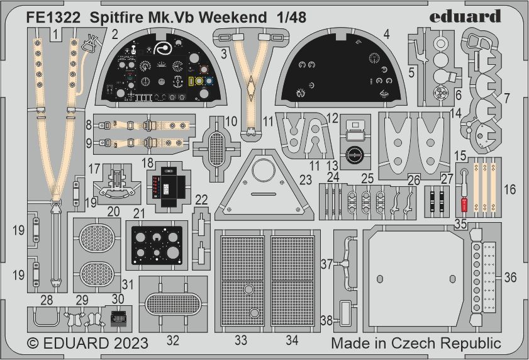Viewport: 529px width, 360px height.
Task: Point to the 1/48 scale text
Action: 291,17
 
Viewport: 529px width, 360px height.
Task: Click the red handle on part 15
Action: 465,205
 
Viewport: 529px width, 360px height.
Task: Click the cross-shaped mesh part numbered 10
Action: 216,141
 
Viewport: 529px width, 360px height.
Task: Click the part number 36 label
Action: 511,276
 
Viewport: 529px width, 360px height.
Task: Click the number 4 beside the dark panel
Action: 387,35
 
